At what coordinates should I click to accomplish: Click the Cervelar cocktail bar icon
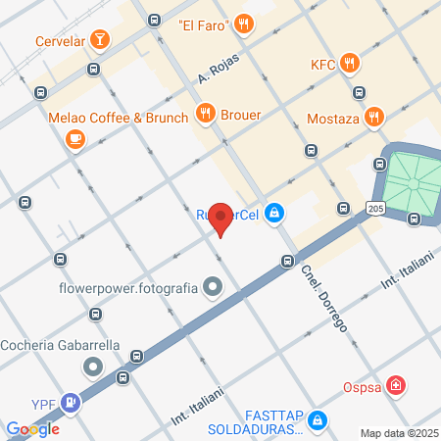coord(98,40)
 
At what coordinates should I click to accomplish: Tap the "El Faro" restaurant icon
coord(245,24)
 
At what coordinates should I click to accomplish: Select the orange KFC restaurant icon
coord(351,65)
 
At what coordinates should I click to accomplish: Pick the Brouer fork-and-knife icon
coord(205,114)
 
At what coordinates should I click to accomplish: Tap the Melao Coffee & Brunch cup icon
coord(74,139)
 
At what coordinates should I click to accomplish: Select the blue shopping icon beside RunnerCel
coord(276,212)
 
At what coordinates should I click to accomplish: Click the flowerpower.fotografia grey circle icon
coord(213,288)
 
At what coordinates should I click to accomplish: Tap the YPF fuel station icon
coord(71,401)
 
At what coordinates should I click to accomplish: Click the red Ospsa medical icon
coord(395,385)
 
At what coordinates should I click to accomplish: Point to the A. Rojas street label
coord(218,68)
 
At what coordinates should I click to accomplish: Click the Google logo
coord(32,429)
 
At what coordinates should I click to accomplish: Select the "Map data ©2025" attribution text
coord(398,433)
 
